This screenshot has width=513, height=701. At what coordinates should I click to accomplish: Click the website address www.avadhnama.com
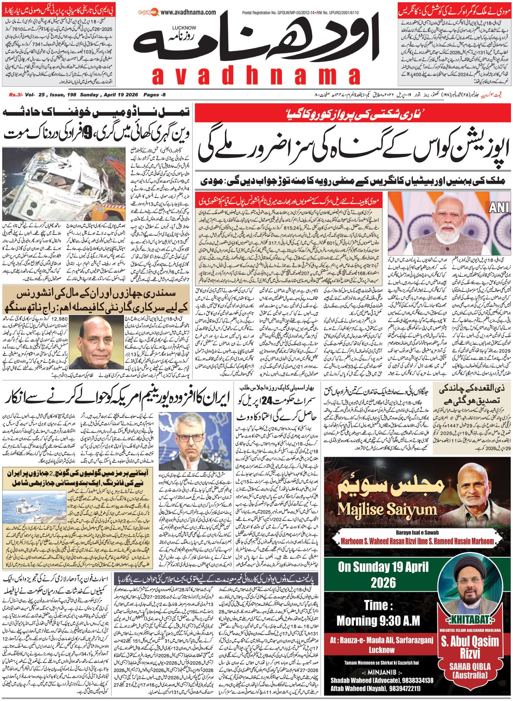click(188, 12)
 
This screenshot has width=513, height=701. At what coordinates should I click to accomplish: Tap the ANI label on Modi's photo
click(499, 207)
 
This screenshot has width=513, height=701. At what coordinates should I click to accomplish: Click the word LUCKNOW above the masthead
click(184, 28)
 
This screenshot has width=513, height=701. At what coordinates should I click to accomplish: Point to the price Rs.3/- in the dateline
click(16, 95)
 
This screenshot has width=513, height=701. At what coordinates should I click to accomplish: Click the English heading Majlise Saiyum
click(387, 510)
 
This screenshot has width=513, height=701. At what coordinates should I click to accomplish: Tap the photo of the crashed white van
click(64, 184)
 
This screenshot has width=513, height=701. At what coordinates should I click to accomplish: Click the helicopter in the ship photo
click(30, 504)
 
